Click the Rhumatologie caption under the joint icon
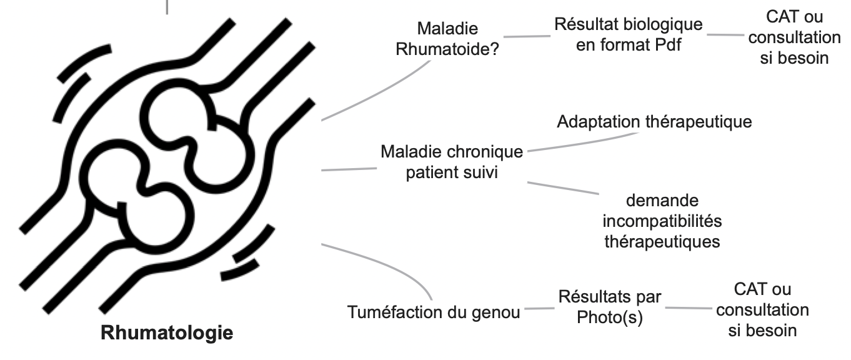point(167,332)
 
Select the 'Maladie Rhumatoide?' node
point(447,39)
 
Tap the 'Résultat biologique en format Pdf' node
point(628,35)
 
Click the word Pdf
point(665,46)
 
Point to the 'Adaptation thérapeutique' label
point(654,121)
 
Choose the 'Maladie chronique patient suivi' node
point(451,162)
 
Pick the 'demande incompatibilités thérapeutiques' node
point(662,221)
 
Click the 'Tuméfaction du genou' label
point(434,311)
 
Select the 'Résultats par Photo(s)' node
point(610,306)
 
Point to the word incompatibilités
point(662,221)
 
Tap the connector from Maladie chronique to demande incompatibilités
point(562,187)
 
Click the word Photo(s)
point(610,317)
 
